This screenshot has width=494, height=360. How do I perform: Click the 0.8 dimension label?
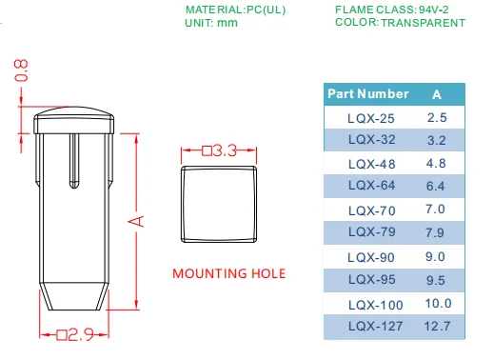coord(21,70)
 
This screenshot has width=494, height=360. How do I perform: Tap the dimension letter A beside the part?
coord(136,221)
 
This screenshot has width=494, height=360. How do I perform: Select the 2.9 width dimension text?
coord(75,335)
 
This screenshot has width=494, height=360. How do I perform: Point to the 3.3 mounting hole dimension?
coord(220,150)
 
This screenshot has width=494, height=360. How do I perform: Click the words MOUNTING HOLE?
coord(228,273)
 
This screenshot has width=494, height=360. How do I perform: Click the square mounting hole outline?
coord(219,167)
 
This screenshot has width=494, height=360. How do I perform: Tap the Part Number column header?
coord(368,94)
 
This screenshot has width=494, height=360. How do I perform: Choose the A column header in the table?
coord(437,94)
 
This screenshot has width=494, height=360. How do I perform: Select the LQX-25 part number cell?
coord(371,119)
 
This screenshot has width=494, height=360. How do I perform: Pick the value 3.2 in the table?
coord(437,140)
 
